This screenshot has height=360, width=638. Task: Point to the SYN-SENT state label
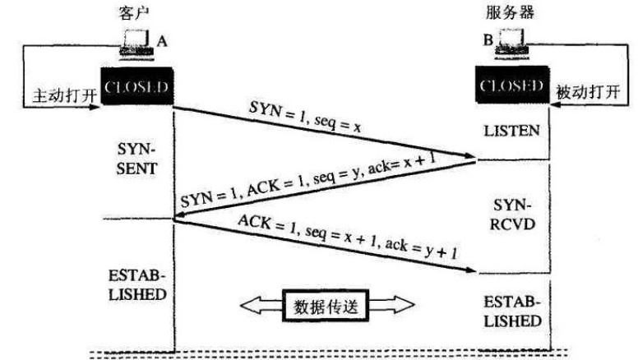136,160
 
